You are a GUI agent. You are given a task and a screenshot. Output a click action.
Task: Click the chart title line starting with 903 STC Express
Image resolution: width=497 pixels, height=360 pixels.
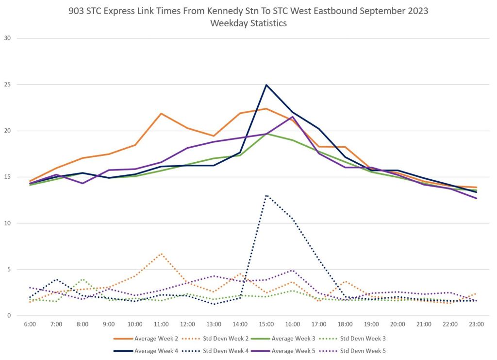pyautogui.click(x=248, y=11)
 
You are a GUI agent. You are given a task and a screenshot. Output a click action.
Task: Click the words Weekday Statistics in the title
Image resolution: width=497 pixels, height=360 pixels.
pyautogui.click(x=248, y=23)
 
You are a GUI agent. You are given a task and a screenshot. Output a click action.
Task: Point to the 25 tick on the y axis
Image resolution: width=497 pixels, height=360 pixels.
pyautogui.click(x=7, y=85)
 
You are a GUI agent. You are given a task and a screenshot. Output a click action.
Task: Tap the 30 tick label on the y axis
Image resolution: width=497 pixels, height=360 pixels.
pyautogui.click(x=7, y=38)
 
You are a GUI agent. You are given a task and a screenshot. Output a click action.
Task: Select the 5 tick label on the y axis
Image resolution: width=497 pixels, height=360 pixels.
pyautogui.click(x=9, y=270)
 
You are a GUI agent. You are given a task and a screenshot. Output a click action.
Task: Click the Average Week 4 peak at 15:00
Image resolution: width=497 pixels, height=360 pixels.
pyautogui.click(x=266, y=85)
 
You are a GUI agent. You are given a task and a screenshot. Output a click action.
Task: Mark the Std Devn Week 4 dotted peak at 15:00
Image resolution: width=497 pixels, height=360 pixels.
pyautogui.click(x=266, y=195)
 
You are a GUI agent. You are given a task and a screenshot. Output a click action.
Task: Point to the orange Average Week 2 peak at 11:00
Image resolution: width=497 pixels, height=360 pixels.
pyautogui.click(x=161, y=114)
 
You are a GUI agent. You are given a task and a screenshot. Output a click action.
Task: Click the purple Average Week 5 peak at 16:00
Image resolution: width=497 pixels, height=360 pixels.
pyautogui.click(x=292, y=117)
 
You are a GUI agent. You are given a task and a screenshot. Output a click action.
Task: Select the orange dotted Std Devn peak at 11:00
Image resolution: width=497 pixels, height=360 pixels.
pyautogui.click(x=161, y=254)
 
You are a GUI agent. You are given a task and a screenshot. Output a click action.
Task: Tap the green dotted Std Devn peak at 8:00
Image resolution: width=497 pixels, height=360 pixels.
pyautogui.click(x=83, y=279)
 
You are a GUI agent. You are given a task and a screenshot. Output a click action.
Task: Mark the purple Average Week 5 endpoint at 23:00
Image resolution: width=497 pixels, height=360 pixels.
pyautogui.click(x=476, y=198)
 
